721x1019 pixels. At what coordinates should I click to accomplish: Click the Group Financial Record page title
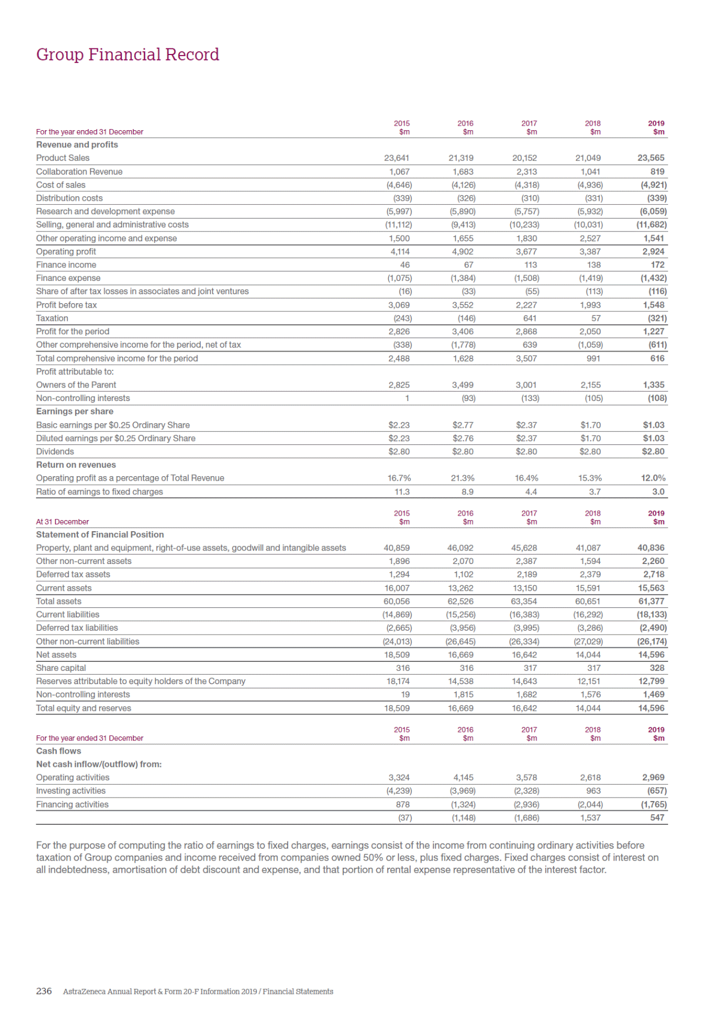point(127,55)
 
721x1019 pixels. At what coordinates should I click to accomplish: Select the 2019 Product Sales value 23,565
point(650,158)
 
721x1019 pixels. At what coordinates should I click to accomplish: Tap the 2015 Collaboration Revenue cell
point(399,171)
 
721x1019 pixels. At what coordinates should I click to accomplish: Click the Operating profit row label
point(66,251)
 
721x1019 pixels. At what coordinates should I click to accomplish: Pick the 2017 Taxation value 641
point(530,318)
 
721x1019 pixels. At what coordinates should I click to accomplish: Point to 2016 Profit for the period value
point(462,332)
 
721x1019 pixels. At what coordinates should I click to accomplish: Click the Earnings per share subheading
point(75,412)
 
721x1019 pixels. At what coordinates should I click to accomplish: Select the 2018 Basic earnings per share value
point(590,425)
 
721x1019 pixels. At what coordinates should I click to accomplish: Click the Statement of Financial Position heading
point(100,535)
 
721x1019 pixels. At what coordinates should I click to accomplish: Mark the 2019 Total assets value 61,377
point(651,601)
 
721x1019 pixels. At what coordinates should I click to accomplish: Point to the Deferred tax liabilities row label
point(77,628)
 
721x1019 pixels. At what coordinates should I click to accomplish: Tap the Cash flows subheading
point(58,751)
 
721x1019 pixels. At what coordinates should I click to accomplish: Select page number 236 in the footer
point(43,991)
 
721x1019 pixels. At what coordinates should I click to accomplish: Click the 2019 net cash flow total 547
point(657,818)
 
